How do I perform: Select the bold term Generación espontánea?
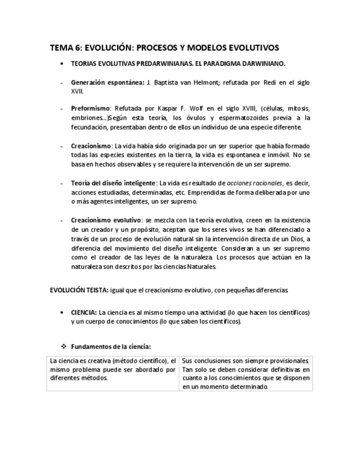(107, 82)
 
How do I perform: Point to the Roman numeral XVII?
(77, 91)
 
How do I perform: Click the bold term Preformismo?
(91, 109)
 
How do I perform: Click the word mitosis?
(297, 109)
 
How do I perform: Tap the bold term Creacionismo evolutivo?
(106, 220)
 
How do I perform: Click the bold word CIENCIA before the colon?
(84, 313)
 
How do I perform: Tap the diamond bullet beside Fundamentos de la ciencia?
(63, 347)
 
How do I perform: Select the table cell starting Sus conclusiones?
(245, 374)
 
